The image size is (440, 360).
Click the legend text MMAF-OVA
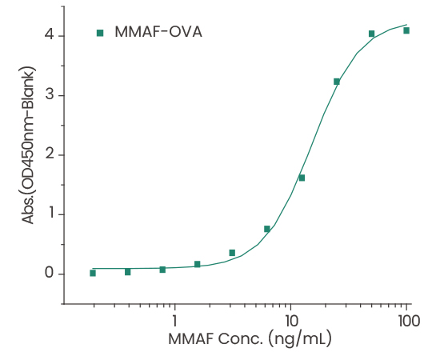click(x=157, y=33)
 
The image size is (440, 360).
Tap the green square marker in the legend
click(x=100, y=33)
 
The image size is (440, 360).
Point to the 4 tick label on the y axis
click(x=50, y=35)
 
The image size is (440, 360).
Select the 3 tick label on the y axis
click(x=50, y=95)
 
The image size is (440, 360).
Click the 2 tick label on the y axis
click(x=50, y=154)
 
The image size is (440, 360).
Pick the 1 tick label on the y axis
click(x=50, y=214)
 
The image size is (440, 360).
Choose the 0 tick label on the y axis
click(x=50, y=274)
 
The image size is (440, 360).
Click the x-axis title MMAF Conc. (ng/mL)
click(x=250, y=340)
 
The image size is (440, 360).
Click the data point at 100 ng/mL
click(x=406, y=30)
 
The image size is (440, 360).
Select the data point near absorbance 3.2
click(x=337, y=82)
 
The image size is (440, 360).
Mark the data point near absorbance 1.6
click(x=302, y=178)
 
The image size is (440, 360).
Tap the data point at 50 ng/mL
click(x=371, y=34)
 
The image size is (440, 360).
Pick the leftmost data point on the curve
click(x=93, y=273)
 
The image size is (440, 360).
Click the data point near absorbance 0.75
click(x=266, y=229)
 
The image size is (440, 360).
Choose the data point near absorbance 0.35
click(x=232, y=253)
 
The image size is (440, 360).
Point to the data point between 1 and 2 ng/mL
click(x=197, y=264)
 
